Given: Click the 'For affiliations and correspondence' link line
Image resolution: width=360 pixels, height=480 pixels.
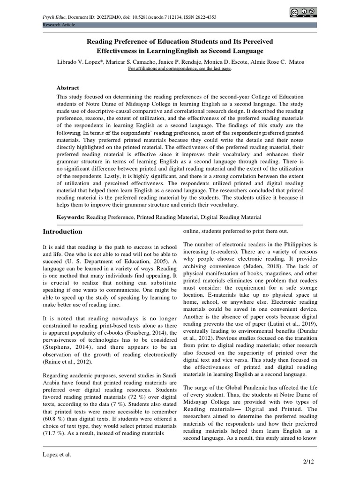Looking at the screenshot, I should (180, 68).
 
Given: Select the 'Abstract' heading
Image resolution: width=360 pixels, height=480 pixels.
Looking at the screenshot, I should (68, 88).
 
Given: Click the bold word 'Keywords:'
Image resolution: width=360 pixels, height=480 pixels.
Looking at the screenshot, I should (71, 217).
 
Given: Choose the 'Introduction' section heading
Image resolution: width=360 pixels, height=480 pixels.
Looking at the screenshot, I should (62, 232).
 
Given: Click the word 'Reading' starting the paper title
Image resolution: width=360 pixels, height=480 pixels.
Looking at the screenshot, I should (99, 42).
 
